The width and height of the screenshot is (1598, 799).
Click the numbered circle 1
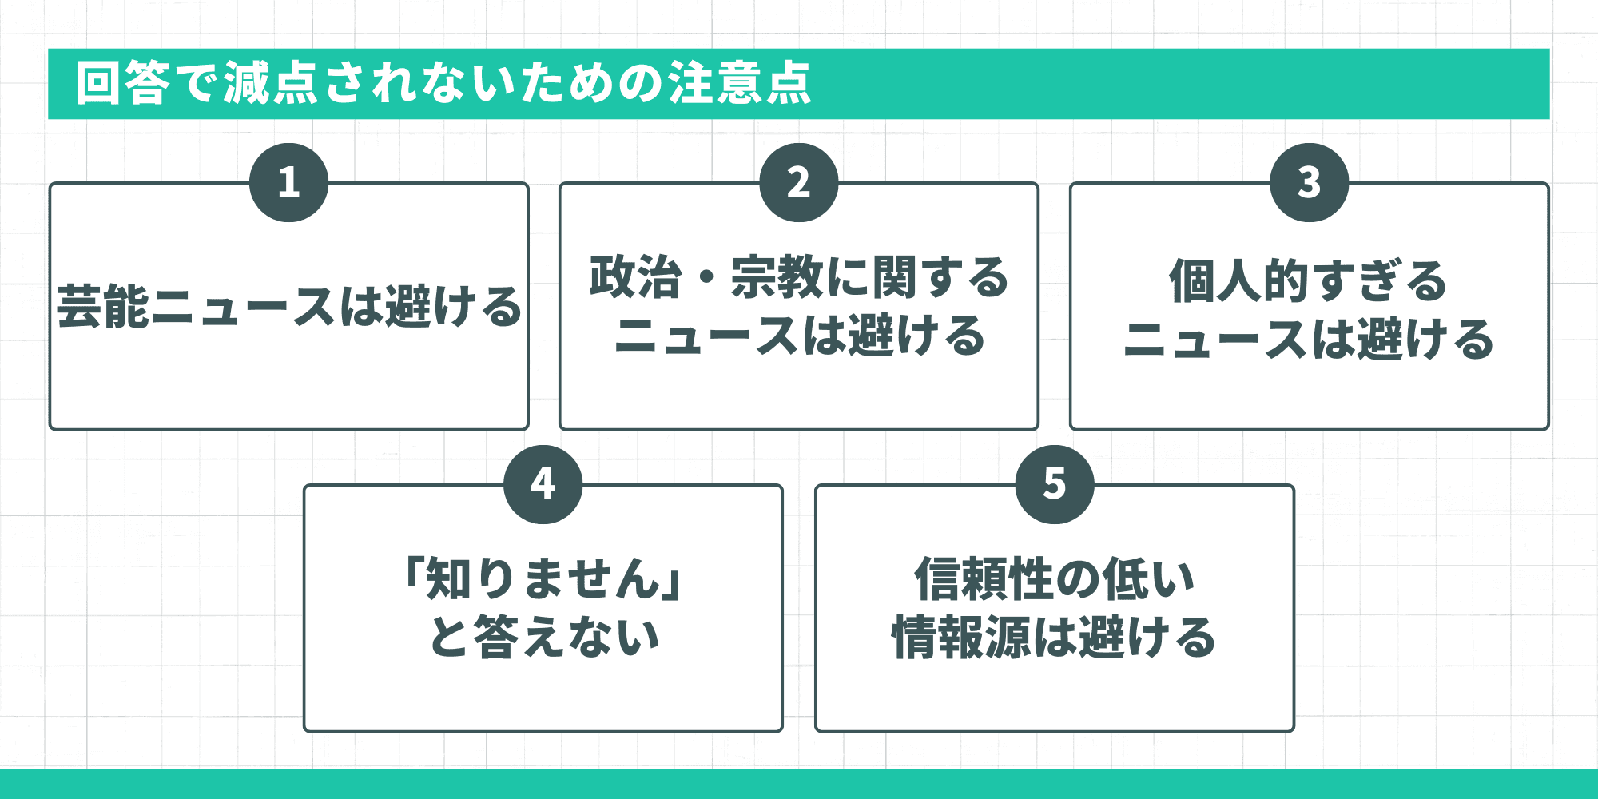[288, 182]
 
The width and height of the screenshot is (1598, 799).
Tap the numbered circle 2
[799, 182]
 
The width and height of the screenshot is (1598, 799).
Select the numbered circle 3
[1309, 182]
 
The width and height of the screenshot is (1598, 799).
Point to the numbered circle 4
[543, 484]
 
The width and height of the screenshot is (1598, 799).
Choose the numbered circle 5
[1055, 484]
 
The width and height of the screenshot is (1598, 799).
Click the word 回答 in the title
[123, 83]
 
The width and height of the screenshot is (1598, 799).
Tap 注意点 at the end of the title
[740, 83]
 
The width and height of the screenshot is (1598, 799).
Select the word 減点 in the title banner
[271, 83]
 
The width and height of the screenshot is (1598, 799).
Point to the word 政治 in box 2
[636, 277]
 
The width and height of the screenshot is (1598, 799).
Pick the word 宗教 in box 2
[777, 277]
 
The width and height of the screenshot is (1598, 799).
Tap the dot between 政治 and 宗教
[706, 279]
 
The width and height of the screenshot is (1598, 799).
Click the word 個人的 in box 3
[1238, 281]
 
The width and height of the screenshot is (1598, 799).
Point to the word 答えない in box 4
[567, 637]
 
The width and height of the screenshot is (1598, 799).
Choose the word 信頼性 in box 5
[984, 578]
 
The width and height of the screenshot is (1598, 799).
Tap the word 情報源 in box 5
[962, 637]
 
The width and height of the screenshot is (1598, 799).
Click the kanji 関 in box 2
[895, 277]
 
